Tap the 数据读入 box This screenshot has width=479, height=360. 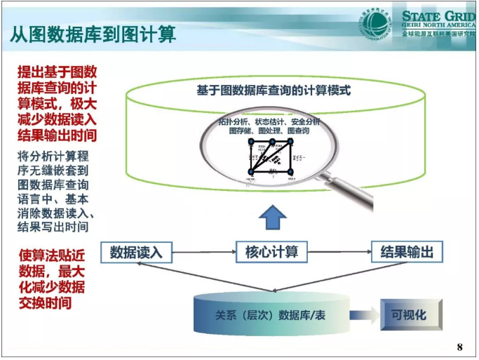pos(136,252)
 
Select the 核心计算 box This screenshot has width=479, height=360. pos(271,251)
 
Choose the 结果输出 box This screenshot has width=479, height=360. pos(407,251)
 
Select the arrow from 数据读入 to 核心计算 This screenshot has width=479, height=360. pos(203,251)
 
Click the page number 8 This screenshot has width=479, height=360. pos(459,347)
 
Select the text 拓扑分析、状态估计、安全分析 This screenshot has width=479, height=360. pos(269,121)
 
